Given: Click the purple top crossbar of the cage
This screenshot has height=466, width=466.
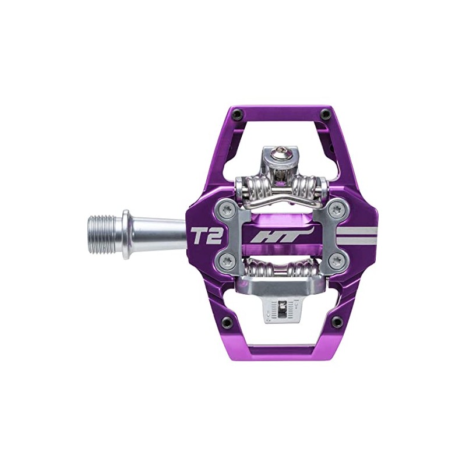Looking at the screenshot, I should (x=280, y=112).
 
